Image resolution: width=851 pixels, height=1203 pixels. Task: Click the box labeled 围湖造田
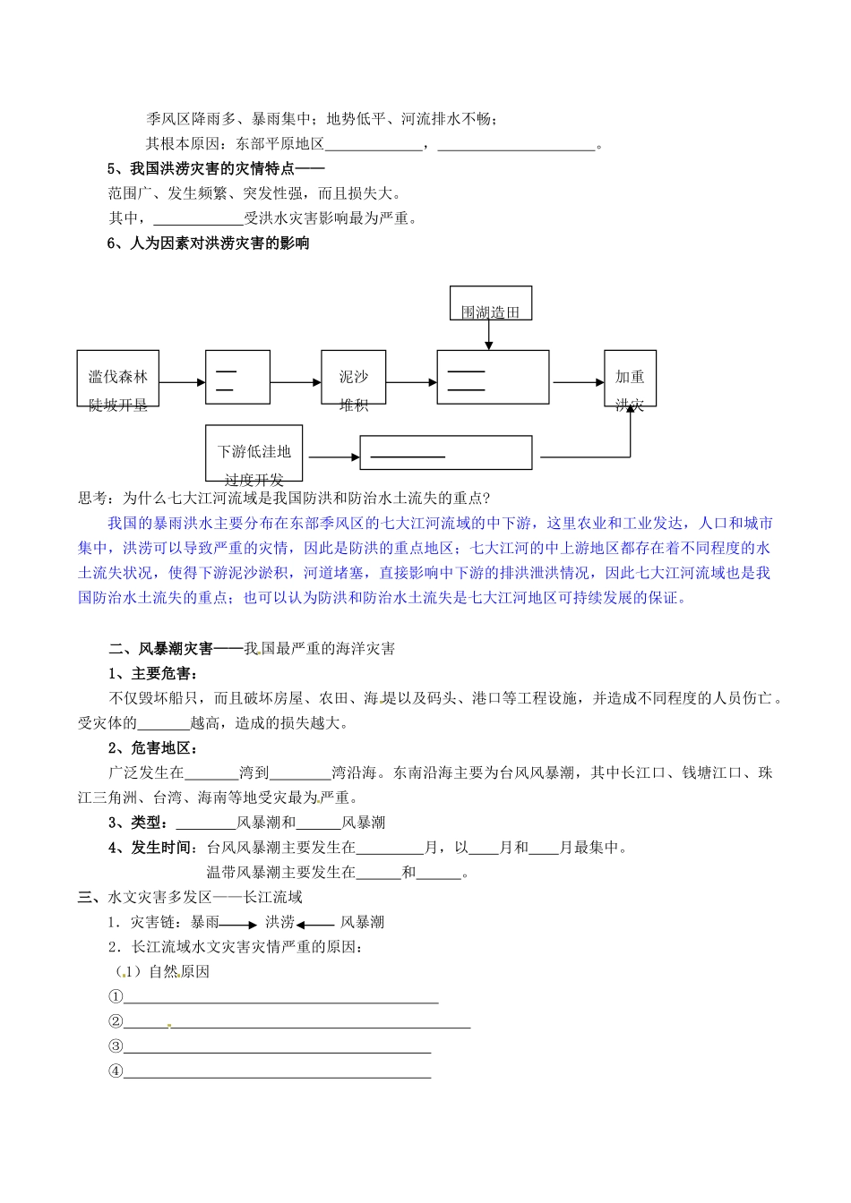click(x=490, y=303)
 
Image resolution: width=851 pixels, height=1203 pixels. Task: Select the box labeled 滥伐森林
click(x=118, y=378)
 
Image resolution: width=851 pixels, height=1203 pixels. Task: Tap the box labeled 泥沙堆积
click(x=354, y=378)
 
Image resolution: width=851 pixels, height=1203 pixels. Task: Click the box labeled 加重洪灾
click(x=630, y=378)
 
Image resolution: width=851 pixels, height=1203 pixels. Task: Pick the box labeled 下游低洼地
click(x=254, y=453)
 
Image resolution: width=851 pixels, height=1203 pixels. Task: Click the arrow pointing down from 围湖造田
click(x=489, y=335)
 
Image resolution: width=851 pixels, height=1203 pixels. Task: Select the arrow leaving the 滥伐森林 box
click(x=183, y=383)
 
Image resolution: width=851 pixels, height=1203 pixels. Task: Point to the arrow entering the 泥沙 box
click(x=296, y=383)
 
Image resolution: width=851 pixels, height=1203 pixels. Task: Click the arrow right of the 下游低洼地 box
click(x=331, y=457)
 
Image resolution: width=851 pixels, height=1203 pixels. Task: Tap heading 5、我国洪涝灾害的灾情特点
click(x=215, y=168)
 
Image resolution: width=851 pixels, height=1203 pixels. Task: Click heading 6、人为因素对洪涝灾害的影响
click(x=208, y=243)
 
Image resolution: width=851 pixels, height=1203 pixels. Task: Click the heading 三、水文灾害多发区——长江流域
click(x=190, y=897)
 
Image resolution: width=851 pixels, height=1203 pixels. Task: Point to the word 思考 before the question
click(x=93, y=499)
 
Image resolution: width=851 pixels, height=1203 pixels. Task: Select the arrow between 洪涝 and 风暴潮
click(x=315, y=924)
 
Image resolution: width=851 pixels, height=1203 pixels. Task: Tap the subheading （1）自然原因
click(x=162, y=971)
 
